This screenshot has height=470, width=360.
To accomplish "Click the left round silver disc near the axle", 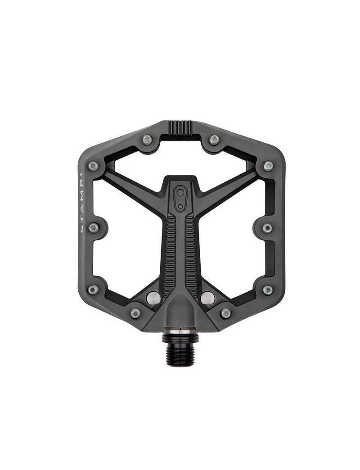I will pos(153,297).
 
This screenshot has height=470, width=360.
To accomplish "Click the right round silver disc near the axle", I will pos(207,297).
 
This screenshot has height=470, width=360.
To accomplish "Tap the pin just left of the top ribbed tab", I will pos(147,140).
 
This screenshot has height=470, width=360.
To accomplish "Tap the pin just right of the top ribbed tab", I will pos(215,140).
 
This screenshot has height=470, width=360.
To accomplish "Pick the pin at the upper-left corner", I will pos(93,167).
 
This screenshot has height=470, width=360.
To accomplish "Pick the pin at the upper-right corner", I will pos(268,166).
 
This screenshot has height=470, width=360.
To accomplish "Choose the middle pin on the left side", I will pos(94,228).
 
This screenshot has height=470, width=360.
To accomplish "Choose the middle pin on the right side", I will pos(267,228).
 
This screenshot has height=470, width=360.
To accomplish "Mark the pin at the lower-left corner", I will pos(93,289).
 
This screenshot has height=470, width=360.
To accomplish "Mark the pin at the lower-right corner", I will pos(268,290).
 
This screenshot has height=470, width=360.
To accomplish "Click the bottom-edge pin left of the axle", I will pos(135,313).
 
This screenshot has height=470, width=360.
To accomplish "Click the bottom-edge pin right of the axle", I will pos(226,313).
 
